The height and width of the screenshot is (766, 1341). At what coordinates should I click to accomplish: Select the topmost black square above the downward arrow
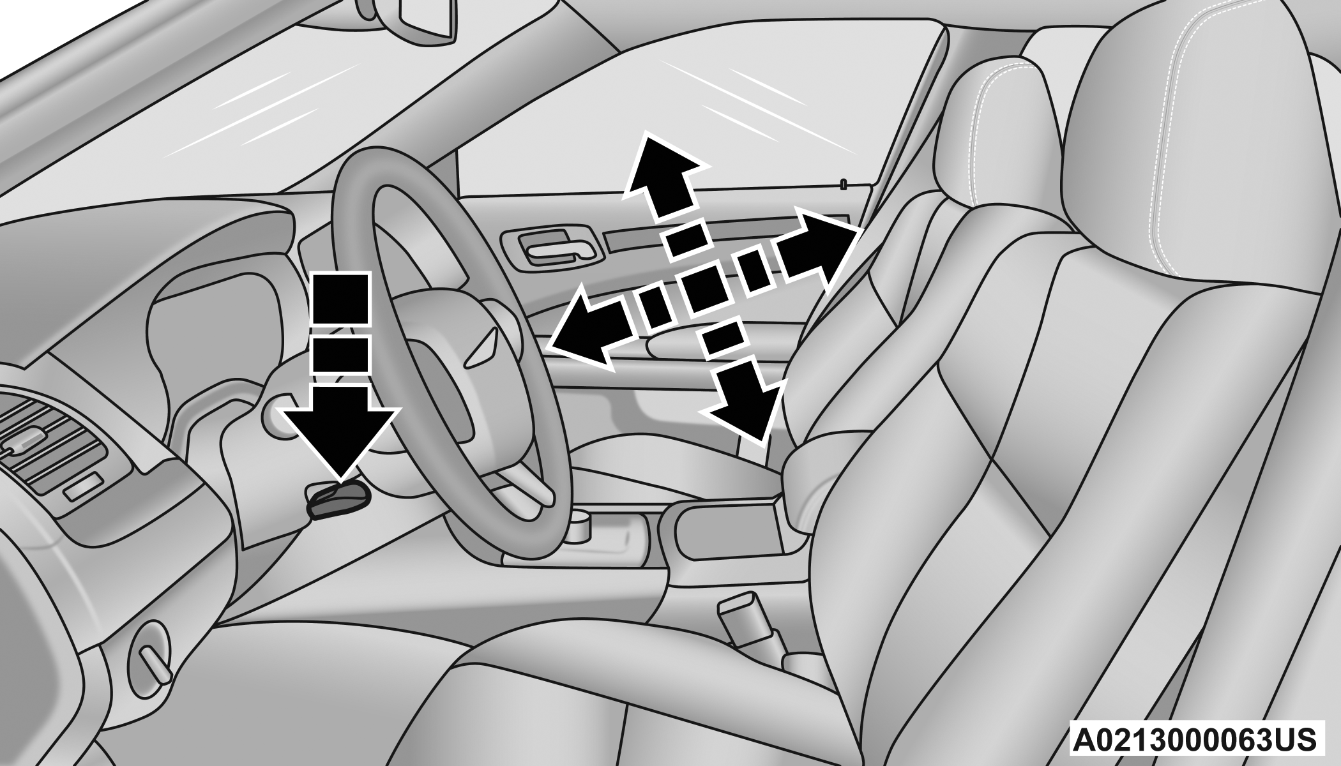tap(340, 301)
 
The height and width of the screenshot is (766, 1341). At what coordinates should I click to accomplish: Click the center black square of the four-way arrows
tap(702, 290)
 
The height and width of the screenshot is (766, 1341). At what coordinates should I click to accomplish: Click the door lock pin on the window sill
tap(844, 184)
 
